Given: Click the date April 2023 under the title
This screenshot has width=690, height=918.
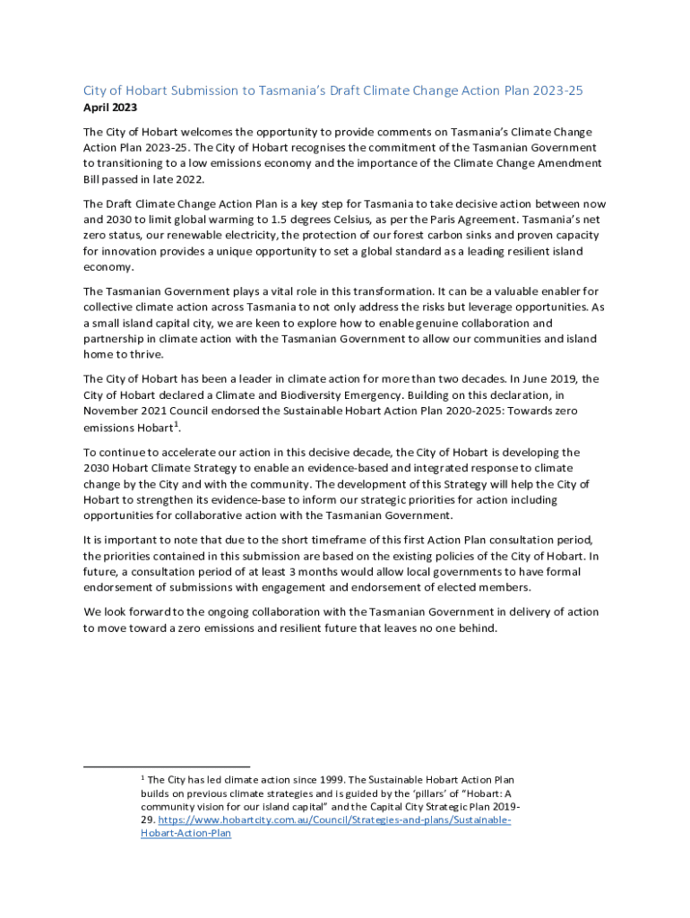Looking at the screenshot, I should (x=110, y=108).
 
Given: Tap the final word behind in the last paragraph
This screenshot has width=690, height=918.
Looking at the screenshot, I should (x=477, y=628).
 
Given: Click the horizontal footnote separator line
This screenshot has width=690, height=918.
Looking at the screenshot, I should (x=167, y=767).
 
